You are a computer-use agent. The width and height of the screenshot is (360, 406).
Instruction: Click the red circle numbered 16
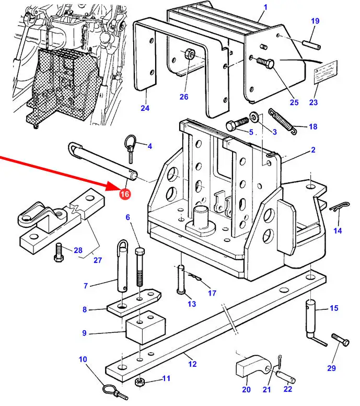coord(124,194)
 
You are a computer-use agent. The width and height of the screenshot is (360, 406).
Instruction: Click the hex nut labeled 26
coord(189,54)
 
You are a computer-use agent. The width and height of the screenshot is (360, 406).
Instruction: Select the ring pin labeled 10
coord(111,390)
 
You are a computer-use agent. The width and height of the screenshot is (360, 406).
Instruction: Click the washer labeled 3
coord(254,117)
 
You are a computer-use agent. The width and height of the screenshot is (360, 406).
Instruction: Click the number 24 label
coord(144,108)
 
